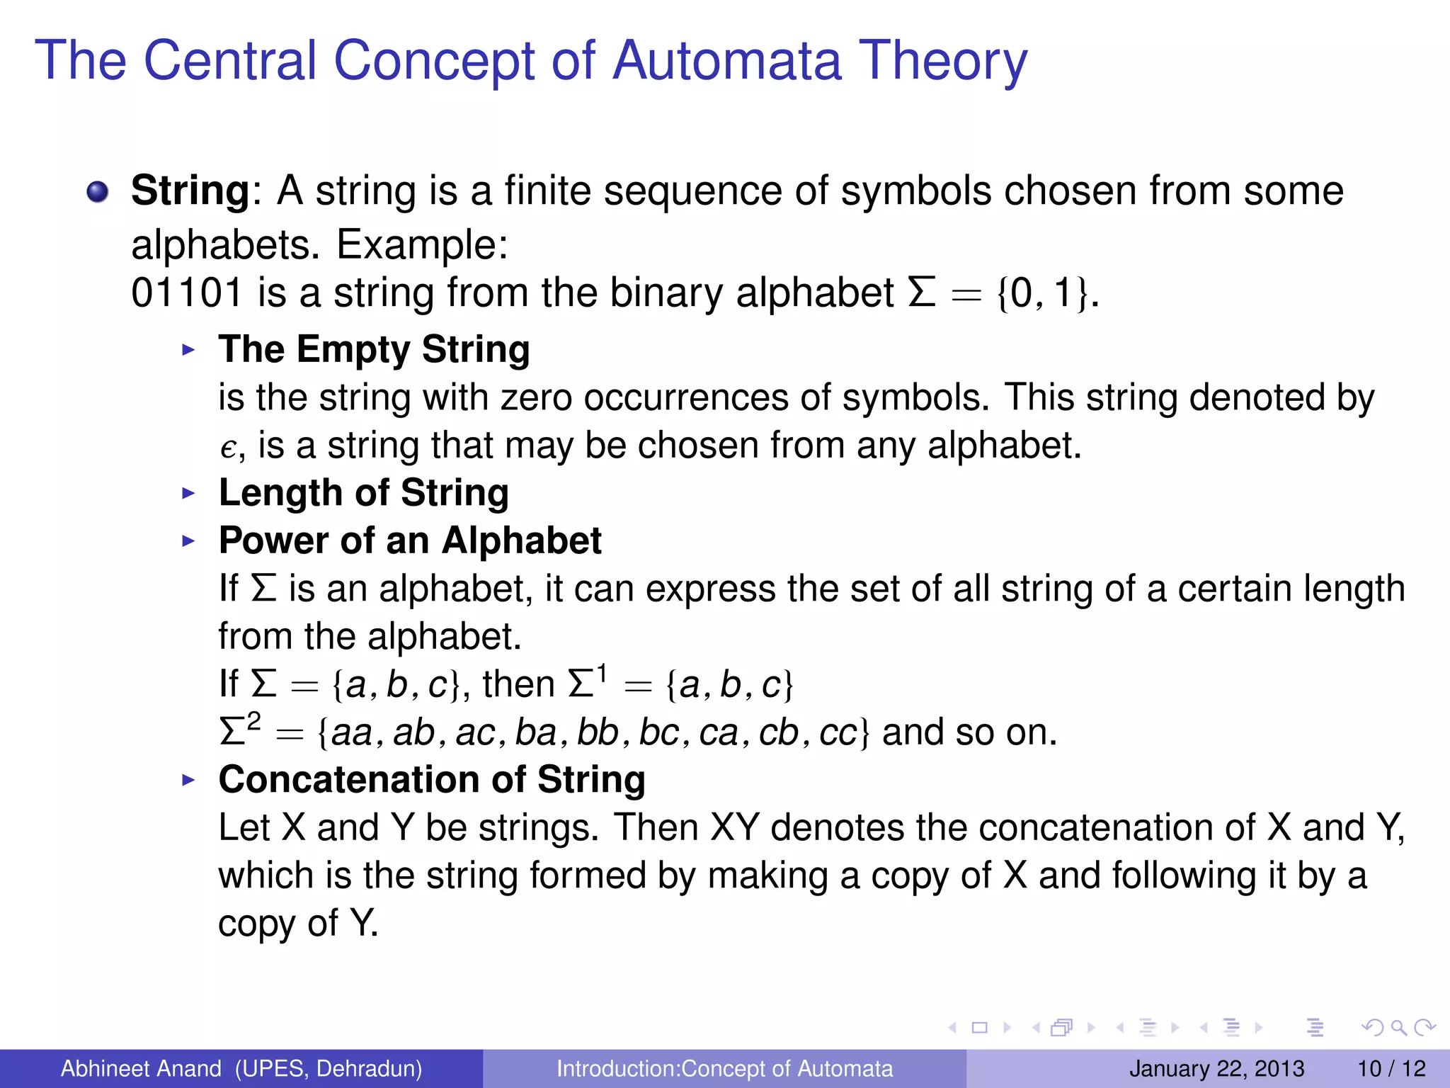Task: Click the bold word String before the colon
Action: (190, 191)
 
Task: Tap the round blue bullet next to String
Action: (98, 191)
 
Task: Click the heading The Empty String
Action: (374, 349)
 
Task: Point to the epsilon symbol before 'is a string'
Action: (227, 448)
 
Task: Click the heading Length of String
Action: (363, 493)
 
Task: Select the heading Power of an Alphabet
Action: (410, 540)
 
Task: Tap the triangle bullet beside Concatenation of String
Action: (188, 780)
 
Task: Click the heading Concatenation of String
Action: (432, 780)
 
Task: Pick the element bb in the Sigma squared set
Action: (598, 732)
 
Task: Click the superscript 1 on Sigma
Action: (602, 673)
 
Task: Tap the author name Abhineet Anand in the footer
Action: (141, 1068)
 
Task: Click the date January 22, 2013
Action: (1216, 1068)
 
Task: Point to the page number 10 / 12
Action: (1391, 1068)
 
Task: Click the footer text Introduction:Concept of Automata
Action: (724, 1068)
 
